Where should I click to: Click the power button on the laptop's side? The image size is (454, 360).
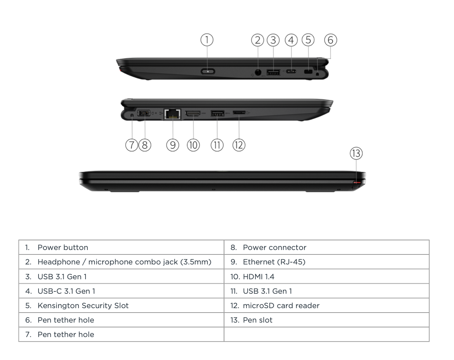tap(208, 71)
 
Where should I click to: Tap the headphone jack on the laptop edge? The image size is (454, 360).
tap(258, 72)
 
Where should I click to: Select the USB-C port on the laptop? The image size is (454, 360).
tap(291, 71)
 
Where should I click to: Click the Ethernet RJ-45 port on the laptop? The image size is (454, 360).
tap(173, 114)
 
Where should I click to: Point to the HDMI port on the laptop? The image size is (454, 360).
tap(193, 114)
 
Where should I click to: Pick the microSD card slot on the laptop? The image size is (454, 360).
tap(239, 112)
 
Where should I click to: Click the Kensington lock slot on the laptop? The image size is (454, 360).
tap(308, 71)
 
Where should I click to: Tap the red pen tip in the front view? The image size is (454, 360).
tap(357, 182)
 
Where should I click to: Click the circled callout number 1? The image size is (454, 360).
tap(207, 40)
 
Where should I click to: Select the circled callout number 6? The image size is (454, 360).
tap(331, 40)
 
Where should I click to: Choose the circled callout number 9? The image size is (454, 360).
tap(173, 145)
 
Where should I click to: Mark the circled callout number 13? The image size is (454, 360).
tap(356, 153)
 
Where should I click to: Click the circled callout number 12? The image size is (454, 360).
tap(239, 145)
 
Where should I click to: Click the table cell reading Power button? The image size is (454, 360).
tap(63, 247)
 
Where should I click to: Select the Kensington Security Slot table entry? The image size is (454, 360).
tap(83, 306)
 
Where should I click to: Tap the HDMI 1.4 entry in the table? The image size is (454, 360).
tap(258, 276)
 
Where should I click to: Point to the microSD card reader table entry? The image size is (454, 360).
tap(281, 306)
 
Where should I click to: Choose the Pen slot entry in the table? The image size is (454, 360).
tap(258, 320)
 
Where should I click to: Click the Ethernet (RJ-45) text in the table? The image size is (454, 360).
tap(274, 262)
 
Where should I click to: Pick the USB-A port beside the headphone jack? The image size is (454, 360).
tap(273, 72)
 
